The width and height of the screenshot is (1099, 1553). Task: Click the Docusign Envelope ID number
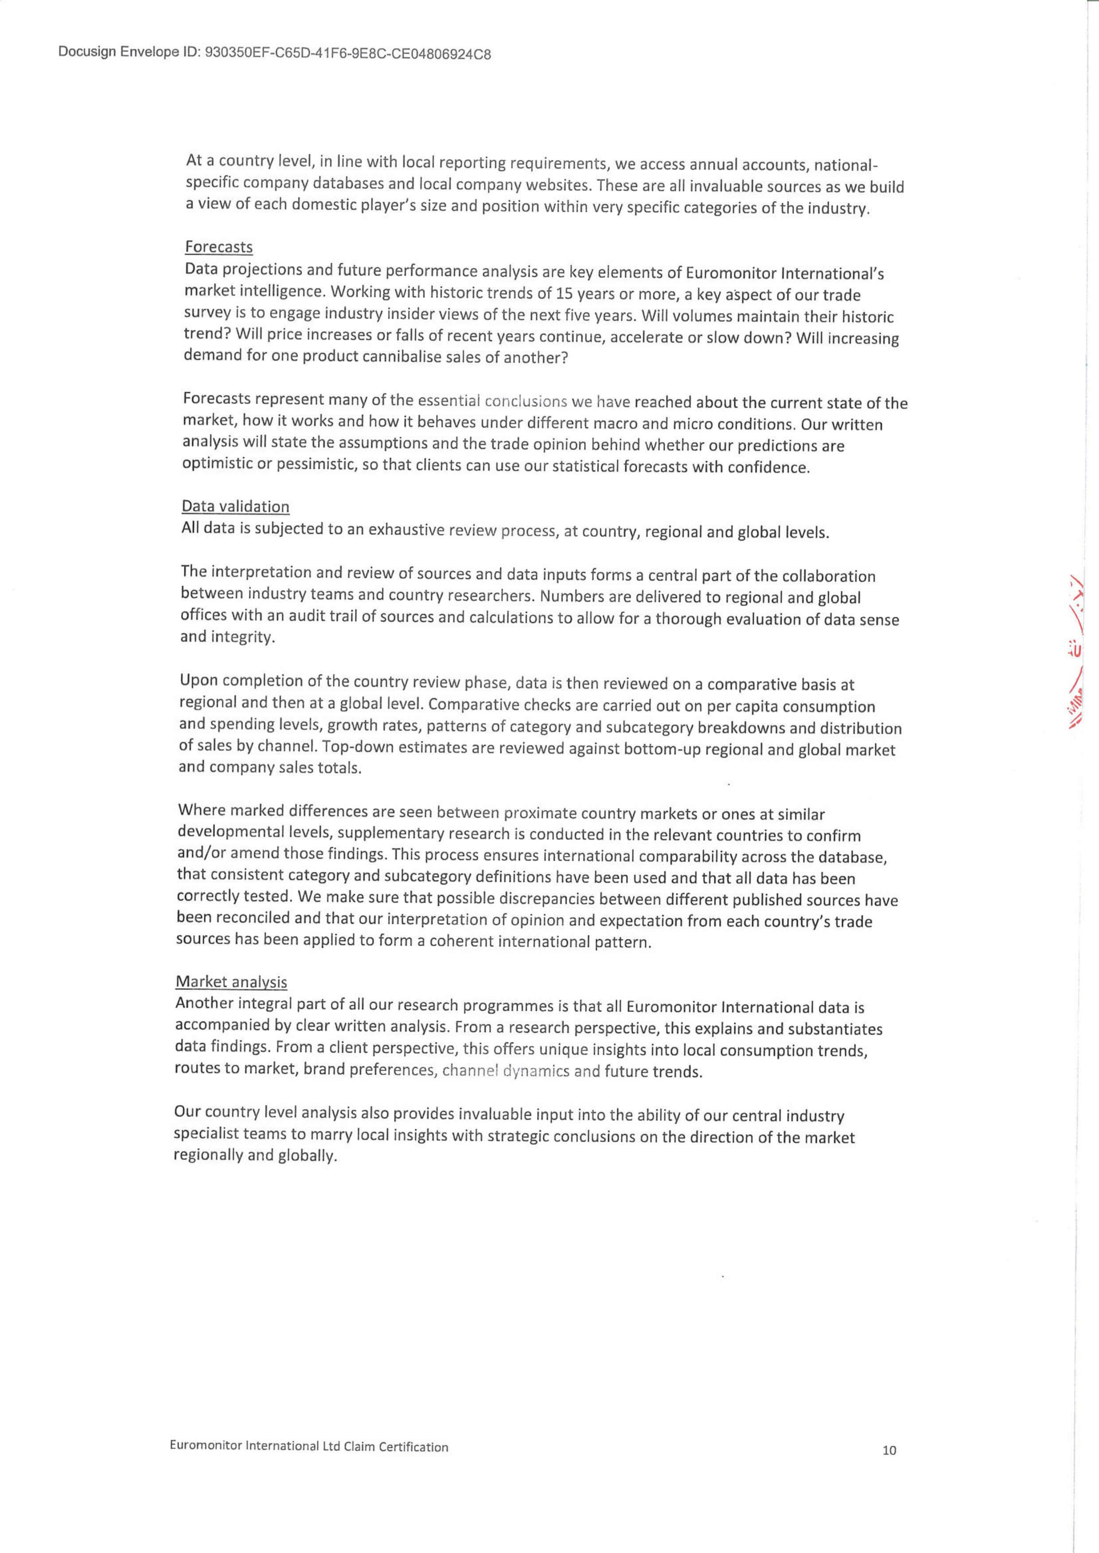tap(347, 54)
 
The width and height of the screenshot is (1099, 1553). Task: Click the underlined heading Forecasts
tap(218, 247)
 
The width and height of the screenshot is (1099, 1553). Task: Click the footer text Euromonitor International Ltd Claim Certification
tap(308, 1447)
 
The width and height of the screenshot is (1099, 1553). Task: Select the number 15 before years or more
tap(565, 294)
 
